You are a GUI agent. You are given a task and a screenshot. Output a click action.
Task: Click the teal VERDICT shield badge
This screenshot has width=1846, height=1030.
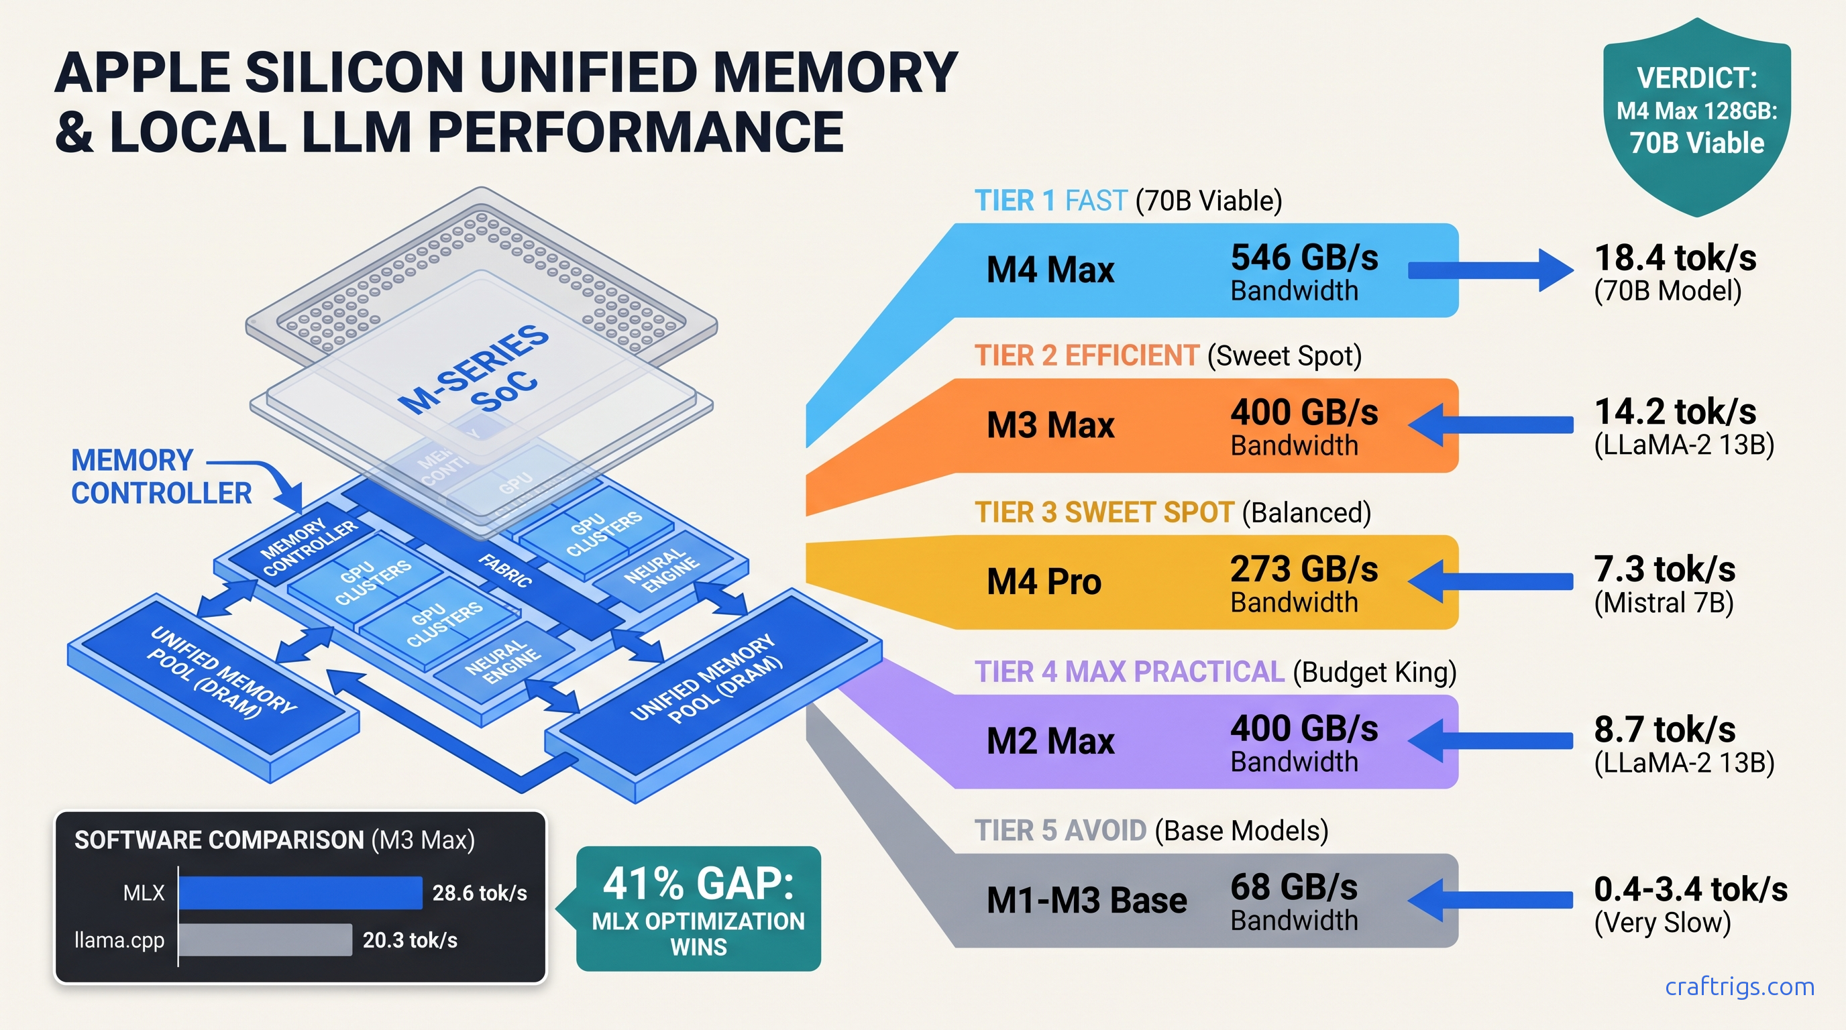point(1696,115)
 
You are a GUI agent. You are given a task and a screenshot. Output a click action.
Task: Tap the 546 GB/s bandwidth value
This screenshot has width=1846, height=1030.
point(1303,258)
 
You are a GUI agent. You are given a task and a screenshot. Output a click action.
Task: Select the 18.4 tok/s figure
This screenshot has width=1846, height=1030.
point(1675,258)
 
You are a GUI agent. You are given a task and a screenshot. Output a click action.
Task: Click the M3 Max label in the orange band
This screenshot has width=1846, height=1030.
point(1050,424)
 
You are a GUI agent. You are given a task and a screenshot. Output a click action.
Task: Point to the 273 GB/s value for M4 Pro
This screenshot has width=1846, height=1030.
point(1303,569)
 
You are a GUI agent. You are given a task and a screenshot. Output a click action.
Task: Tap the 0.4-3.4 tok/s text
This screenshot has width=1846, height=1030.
point(1690,890)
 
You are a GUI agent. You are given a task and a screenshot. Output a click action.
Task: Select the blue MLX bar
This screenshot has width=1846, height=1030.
point(301,893)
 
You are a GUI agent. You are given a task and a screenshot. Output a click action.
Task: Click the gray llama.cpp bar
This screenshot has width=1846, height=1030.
point(265,939)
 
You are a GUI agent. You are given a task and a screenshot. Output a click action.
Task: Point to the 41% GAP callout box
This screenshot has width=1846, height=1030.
point(698,908)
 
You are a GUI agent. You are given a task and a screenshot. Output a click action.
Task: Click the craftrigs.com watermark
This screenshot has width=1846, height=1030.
point(1739,987)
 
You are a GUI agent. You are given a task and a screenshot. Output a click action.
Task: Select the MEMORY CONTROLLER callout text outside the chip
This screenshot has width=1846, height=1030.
point(160,476)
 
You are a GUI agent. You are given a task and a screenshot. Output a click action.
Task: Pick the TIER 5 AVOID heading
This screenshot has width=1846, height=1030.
point(1060,831)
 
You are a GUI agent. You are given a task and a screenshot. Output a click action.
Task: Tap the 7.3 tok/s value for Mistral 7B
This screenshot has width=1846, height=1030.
point(1664,569)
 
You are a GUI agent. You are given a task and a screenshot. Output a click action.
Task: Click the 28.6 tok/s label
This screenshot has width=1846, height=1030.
point(480,893)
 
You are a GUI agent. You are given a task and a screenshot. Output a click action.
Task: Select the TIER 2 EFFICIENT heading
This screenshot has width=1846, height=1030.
point(1086,356)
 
